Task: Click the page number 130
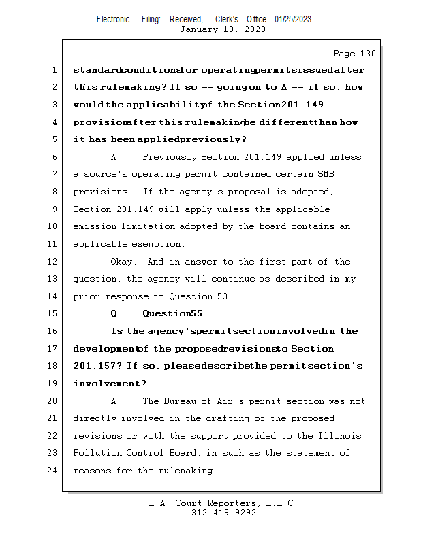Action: click(x=367, y=54)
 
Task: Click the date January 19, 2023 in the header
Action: click(x=223, y=29)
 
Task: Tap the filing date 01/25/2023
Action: click(x=293, y=19)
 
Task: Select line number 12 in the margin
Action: click(x=54, y=262)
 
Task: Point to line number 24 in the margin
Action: click(x=54, y=471)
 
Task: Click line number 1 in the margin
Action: click(x=54, y=70)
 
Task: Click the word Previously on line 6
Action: click(x=170, y=157)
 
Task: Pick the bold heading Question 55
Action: click(x=174, y=314)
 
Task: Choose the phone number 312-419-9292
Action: click(x=223, y=513)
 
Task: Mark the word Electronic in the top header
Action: click(x=113, y=19)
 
